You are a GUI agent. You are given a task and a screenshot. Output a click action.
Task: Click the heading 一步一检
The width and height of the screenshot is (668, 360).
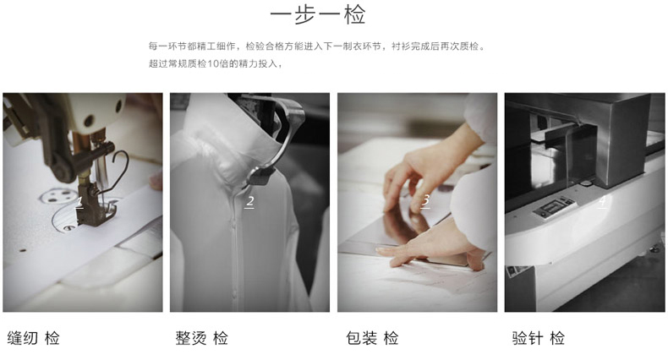click(x=317, y=16)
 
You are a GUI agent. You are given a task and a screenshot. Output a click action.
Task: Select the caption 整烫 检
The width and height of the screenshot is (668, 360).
click(x=201, y=338)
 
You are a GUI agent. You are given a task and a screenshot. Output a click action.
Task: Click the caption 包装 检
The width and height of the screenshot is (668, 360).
click(x=372, y=338)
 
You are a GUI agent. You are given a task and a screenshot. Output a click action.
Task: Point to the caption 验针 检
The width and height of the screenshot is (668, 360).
click(x=538, y=338)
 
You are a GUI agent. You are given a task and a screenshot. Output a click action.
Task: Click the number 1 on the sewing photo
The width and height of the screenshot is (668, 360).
click(x=79, y=202)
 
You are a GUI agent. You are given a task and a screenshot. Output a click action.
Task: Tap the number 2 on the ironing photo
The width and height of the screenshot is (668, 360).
click(x=249, y=202)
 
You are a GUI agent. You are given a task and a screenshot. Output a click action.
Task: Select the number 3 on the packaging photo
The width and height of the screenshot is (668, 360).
click(x=425, y=200)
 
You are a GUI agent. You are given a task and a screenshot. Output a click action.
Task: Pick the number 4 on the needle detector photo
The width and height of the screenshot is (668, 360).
click(x=602, y=202)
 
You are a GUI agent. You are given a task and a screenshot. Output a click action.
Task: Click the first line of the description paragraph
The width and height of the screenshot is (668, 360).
click(x=317, y=46)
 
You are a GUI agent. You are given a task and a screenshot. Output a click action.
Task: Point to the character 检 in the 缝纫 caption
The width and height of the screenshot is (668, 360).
click(x=52, y=338)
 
